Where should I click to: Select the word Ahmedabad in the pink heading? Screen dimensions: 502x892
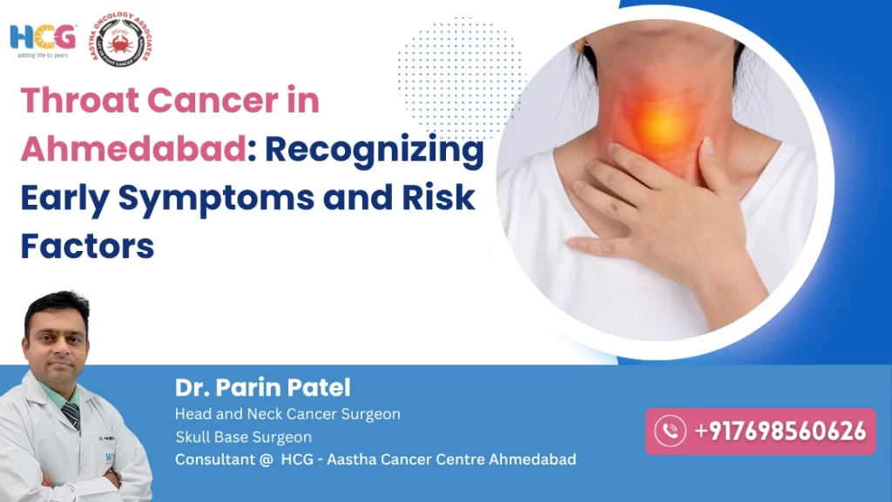(130, 149)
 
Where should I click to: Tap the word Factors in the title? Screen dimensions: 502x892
(87, 247)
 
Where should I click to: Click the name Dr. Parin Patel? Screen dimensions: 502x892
(262, 387)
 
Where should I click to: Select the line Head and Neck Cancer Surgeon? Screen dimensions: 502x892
(287, 414)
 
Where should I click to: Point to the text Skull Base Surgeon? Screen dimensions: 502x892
(243, 437)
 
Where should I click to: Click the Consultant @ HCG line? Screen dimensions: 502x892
(375, 459)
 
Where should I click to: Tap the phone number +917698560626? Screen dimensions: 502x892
(780, 431)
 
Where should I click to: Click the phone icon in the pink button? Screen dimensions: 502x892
(670, 431)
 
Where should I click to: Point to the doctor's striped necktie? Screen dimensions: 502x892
(71, 415)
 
